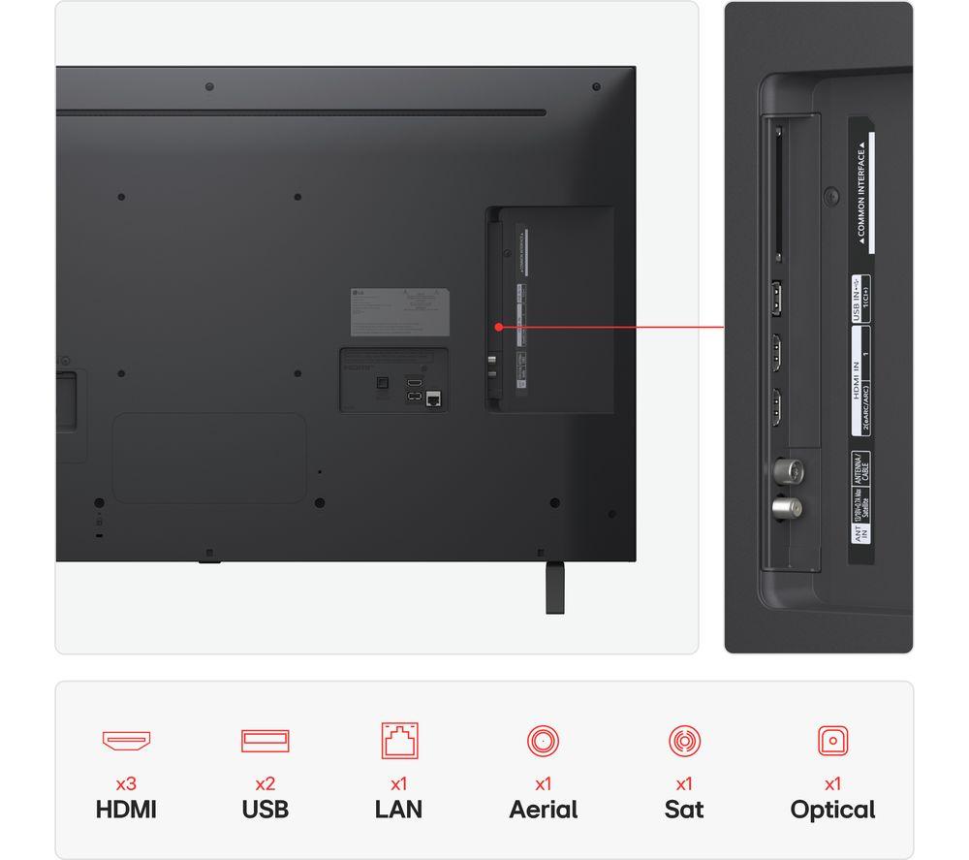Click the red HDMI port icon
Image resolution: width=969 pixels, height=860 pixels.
click(x=126, y=741)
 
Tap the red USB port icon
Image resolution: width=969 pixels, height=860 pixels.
click(x=266, y=741)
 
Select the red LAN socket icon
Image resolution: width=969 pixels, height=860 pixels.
click(x=399, y=741)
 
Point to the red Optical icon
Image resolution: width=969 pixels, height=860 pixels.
click(x=832, y=741)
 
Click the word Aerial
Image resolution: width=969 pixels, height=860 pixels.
click(x=543, y=810)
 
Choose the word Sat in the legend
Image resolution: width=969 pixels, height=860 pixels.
click(x=684, y=810)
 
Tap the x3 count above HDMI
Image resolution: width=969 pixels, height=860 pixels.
click(x=126, y=783)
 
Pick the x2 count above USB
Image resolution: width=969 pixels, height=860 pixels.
click(x=266, y=783)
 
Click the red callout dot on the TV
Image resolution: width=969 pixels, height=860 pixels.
click(x=497, y=327)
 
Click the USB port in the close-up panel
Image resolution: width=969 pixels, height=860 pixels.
click(x=777, y=299)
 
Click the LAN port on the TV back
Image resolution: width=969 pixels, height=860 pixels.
click(x=433, y=398)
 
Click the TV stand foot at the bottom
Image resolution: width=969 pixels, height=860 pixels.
click(x=554, y=587)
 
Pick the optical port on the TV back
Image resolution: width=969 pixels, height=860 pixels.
click(x=381, y=381)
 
